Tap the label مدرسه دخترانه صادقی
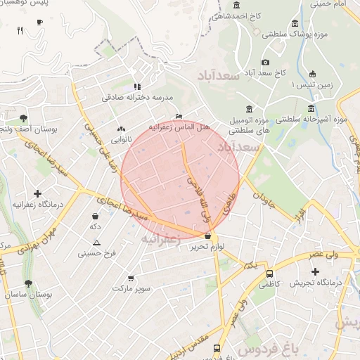tap(137, 98)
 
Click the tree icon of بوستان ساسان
tap(28, 283)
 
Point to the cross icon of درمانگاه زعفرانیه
tap(37, 193)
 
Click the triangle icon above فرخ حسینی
tap(96, 243)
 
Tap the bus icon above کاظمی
tap(270, 274)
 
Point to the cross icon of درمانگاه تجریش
tap(315, 271)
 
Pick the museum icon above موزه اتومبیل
tap(249, 108)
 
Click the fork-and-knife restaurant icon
tap(20, 30)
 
